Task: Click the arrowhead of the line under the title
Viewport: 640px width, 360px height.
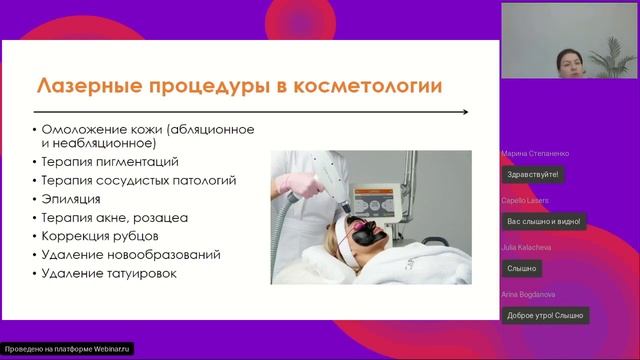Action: (466, 111)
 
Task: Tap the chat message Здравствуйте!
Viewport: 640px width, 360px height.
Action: (533, 174)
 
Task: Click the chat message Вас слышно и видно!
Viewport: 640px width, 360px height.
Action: (543, 221)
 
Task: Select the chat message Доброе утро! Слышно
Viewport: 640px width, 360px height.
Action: (546, 315)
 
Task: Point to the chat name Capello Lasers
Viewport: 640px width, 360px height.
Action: (527, 200)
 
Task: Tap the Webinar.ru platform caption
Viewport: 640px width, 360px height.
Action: (67, 349)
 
